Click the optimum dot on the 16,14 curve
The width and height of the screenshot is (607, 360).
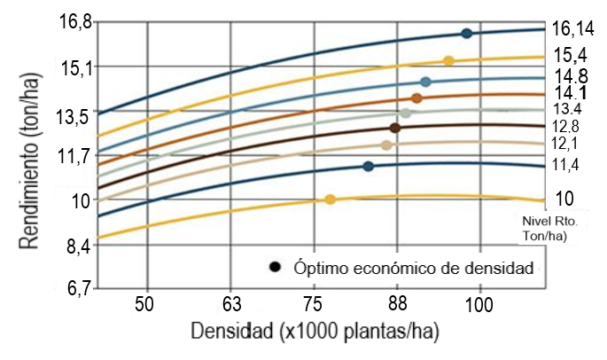[x=467, y=34]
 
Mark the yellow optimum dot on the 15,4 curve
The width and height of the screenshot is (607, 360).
[x=448, y=61]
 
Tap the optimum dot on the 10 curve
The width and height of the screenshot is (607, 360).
[x=331, y=200]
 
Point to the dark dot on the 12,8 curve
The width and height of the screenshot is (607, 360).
[x=395, y=128]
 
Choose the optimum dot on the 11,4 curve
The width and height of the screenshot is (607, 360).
[x=369, y=167]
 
